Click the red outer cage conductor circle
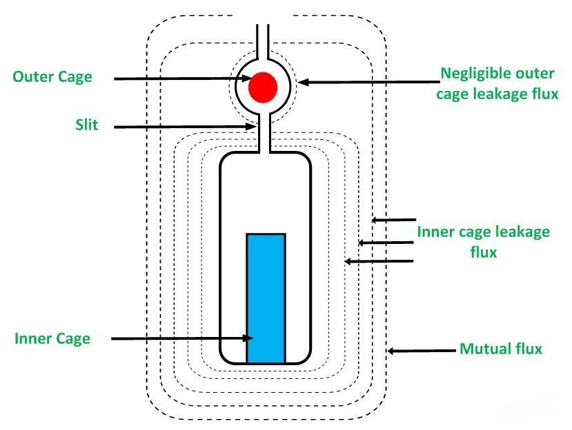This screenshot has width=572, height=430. pos(263,87)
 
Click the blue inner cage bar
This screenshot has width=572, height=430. pos(266,298)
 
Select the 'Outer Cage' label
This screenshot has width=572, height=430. pos(52,76)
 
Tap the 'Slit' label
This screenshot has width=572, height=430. pos(88,125)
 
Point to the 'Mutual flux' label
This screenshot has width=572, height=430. pos(501,349)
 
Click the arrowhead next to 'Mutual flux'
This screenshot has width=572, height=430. pos(391,351)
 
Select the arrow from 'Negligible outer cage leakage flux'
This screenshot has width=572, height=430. pos(366,81)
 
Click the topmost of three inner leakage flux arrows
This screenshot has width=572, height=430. pos(393,221)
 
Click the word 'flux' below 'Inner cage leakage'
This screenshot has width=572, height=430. pos(483,252)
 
